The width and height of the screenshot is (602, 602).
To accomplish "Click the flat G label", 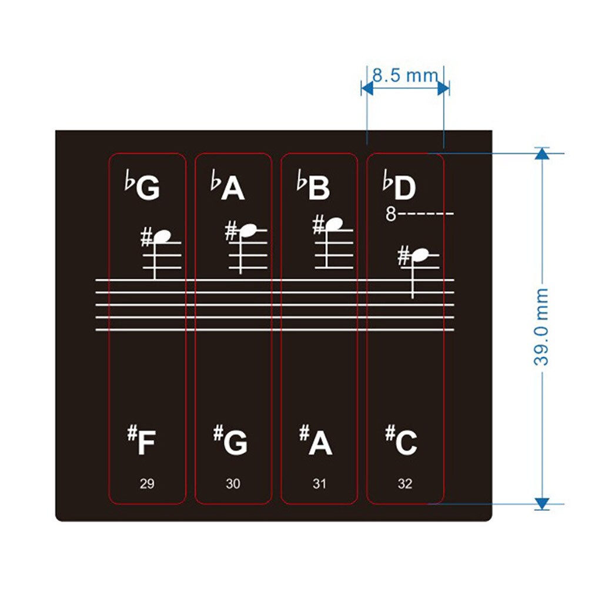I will (x=142, y=186).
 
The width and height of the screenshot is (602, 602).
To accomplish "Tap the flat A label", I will (x=228, y=186).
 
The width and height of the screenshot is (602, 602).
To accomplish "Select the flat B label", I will (x=314, y=186).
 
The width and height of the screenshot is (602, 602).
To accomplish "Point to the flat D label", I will (x=400, y=186).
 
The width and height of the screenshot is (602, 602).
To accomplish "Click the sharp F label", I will (x=142, y=442).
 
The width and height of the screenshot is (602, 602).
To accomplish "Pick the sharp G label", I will (x=230, y=442).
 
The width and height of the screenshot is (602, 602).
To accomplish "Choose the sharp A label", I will (x=316, y=442).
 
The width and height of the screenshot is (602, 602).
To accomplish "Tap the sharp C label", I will (x=402, y=442).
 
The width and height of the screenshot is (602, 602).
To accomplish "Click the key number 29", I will (x=147, y=484).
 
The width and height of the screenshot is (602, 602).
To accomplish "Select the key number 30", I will (x=233, y=484).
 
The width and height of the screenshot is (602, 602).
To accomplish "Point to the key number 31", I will (x=319, y=484).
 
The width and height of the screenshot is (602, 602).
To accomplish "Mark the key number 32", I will (x=405, y=484).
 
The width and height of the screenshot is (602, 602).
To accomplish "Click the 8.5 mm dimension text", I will (x=405, y=75).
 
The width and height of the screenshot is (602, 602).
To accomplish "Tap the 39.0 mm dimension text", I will (x=541, y=327).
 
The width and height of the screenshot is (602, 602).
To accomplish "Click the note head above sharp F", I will (x=162, y=236).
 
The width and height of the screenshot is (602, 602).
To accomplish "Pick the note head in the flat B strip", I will (x=334, y=224).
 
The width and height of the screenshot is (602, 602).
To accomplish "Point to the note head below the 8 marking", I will (x=420, y=255).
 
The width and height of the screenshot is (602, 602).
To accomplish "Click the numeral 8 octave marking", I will (x=391, y=214).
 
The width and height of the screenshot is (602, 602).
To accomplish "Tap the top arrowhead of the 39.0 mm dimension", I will (x=542, y=153).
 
